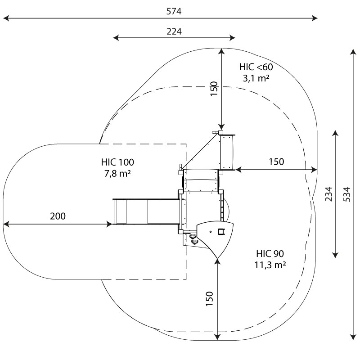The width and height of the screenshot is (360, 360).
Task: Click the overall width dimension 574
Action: click(x=174, y=11)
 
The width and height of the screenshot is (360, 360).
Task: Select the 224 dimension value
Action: click(x=174, y=31)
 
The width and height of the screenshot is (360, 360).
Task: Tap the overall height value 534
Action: click(x=347, y=194)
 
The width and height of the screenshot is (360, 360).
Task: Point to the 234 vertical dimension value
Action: click(x=329, y=194)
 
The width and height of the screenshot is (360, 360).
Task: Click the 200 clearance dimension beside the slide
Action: click(x=58, y=216)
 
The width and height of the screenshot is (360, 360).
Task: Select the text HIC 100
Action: click(x=117, y=162)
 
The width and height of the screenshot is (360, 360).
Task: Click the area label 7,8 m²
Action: click(x=117, y=174)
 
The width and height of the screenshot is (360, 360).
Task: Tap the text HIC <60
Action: click(x=256, y=67)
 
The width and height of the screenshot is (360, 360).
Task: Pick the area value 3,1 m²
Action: click(x=256, y=78)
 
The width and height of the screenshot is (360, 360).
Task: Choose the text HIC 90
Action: click(x=270, y=254)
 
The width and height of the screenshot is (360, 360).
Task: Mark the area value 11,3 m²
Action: click(x=270, y=265)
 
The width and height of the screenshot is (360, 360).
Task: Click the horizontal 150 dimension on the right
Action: click(x=276, y=162)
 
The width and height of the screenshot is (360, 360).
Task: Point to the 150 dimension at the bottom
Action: click(x=209, y=298)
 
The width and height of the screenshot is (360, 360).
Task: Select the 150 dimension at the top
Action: click(x=214, y=89)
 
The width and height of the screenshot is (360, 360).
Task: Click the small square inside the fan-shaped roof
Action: click(x=220, y=231)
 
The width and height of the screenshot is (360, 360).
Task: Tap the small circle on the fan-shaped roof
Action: click(x=211, y=232)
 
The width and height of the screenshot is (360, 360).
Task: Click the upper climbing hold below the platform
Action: click(x=193, y=237)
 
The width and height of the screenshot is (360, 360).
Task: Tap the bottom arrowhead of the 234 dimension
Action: click(x=335, y=255)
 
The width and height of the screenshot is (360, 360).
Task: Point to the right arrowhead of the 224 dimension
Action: click(x=232, y=38)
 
